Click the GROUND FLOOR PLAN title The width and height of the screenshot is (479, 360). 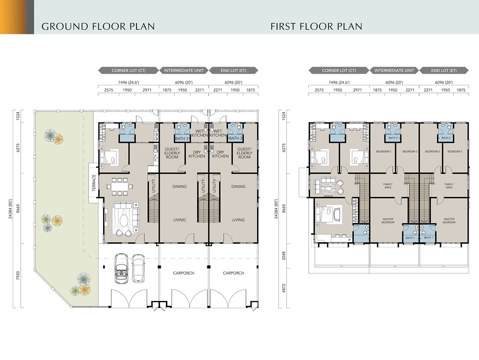[x=98, y=26]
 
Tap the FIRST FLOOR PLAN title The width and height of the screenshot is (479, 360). [x=317, y=26]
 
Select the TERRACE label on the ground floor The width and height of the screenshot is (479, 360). [x=94, y=183]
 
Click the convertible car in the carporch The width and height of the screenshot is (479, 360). [x=121, y=268]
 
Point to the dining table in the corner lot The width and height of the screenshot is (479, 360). [x=120, y=187]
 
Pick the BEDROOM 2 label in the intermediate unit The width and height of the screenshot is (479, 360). [x=384, y=151]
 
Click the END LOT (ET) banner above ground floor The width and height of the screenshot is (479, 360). [x=234, y=71]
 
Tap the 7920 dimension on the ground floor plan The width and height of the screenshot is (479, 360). [x=18, y=275]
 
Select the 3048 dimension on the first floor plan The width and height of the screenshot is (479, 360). [x=284, y=256]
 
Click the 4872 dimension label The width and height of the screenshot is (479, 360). [x=284, y=288]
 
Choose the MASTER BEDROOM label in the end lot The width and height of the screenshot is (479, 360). [x=449, y=221]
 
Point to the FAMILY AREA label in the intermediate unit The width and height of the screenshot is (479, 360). [x=388, y=186]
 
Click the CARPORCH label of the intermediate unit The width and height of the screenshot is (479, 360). [x=184, y=273]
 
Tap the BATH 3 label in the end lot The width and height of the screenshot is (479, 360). [x=236, y=138]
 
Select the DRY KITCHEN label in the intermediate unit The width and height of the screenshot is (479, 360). [x=197, y=154]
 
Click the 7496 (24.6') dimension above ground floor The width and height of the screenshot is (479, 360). [x=129, y=83]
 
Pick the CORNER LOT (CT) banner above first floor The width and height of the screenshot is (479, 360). [x=339, y=71]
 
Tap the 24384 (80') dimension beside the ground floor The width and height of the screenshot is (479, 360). [x=10, y=209]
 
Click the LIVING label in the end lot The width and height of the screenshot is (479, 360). [x=238, y=220]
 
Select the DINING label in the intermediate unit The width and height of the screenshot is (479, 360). [x=179, y=187]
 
